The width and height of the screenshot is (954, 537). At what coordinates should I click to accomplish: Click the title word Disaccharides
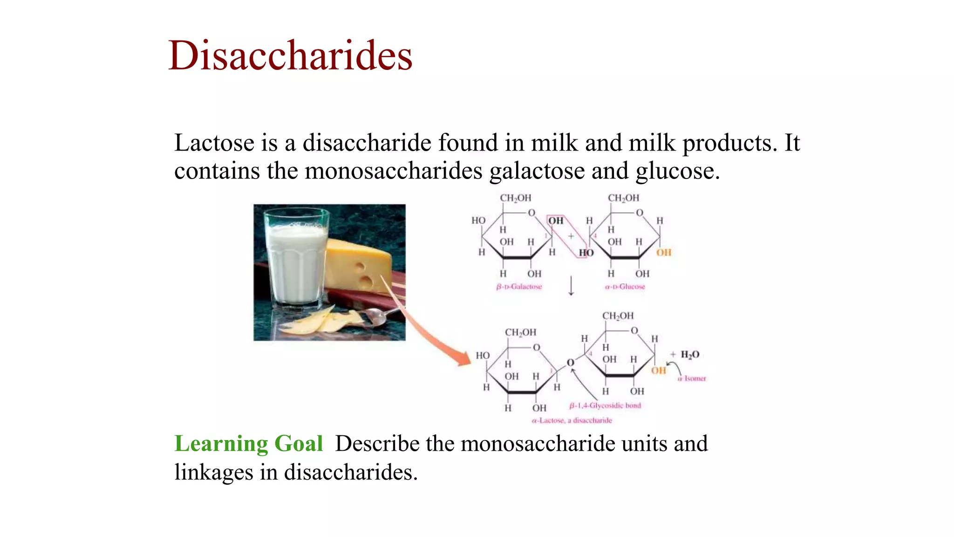coord(290,56)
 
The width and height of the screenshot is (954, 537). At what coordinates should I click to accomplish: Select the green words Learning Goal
coord(248,443)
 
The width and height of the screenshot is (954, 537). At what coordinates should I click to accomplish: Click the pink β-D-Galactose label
coord(519,287)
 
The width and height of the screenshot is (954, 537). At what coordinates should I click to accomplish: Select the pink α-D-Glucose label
coord(625,287)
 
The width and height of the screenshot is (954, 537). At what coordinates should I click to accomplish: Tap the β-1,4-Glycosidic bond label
coord(605,406)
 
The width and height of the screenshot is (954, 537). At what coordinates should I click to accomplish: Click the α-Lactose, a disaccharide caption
coord(572,420)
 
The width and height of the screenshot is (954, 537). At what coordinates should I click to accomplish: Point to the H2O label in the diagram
coord(689,355)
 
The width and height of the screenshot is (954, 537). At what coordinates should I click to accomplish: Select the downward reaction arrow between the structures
coord(571,286)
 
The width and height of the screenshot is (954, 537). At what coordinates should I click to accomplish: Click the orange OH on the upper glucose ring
coord(664,253)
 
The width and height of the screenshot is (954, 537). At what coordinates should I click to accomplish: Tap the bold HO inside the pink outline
coord(586,253)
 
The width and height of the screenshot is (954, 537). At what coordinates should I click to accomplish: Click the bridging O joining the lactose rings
coord(570,363)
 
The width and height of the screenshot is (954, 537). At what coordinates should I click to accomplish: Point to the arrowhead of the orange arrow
coord(464,359)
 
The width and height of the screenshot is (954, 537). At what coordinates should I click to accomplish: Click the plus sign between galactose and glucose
coord(571,236)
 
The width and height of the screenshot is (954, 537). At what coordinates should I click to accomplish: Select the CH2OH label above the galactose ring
coord(515,198)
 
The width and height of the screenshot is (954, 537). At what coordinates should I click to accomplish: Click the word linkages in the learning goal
coord(214,472)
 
